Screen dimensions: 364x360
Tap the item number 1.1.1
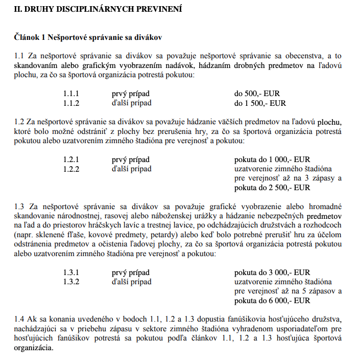pyautogui.click(x=71, y=94)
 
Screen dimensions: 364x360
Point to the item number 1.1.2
pyautogui.click(x=71, y=103)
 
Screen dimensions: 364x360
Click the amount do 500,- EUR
pyautogui.click(x=257, y=94)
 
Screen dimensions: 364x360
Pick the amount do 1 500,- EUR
pyautogui.click(x=260, y=103)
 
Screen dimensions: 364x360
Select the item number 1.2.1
pyautogui.click(x=71, y=160)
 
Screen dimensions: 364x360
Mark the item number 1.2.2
pyautogui.click(x=71, y=169)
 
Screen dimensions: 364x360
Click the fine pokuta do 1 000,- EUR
pyautogui.click(x=272, y=160)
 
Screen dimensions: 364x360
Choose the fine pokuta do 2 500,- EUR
pyautogui.click(x=272, y=188)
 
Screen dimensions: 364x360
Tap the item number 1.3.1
pyautogui.click(x=71, y=272)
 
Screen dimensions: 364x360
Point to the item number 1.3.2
pyautogui.click(x=71, y=282)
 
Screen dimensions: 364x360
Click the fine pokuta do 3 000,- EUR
pyautogui.click(x=272, y=272)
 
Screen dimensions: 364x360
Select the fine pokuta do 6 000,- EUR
pyautogui.click(x=272, y=301)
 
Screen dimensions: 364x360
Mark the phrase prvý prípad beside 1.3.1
pyautogui.click(x=131, y=272)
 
